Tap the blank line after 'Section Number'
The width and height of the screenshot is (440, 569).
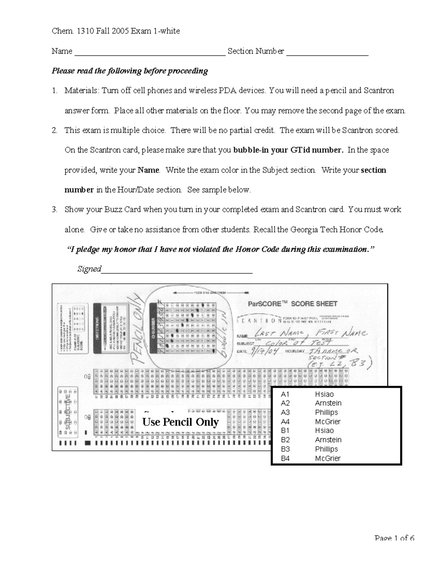(327, 54)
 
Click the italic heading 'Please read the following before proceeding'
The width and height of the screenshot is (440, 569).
(130, 71)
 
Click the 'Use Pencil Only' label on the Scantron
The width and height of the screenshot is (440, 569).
(180, 422)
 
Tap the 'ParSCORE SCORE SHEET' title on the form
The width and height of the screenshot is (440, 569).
(292, 304)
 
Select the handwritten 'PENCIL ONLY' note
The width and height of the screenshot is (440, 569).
(135, 330)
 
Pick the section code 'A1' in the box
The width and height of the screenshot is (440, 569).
(285, 394)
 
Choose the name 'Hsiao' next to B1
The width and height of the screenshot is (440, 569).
(324, 431)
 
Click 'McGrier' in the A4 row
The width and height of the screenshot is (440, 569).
(328, 421)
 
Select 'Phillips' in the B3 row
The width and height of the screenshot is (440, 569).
(326, 449)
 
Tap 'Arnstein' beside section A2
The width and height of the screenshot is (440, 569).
(328, 403)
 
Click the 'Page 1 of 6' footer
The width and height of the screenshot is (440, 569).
(395, 538)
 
